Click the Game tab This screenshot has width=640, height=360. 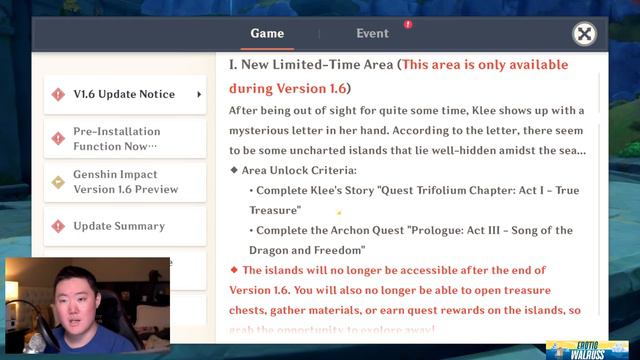coord(267,33)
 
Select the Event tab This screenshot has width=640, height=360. coord(372,33)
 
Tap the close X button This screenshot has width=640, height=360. coord(585,34)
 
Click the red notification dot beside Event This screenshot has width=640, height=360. coord(408,23)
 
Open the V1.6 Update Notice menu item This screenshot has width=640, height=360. coord(124,95)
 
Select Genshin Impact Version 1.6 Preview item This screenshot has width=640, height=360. coord(124,182)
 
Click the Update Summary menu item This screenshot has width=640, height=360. coord(118,226)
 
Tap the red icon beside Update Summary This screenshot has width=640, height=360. coord(57,226)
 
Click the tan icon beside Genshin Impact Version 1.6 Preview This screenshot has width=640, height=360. coord(57,182)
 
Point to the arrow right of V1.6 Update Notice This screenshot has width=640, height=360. coord(199,95)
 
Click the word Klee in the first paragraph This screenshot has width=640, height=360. coord(450,110)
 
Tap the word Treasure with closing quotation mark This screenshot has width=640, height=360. coord(275,210)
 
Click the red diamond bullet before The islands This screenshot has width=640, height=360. coord(234,270)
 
